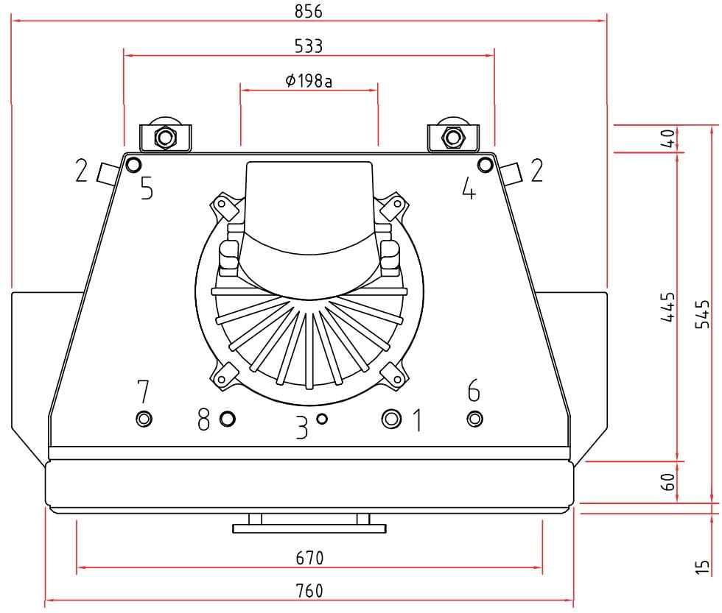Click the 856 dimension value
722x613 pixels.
tap(309, 11)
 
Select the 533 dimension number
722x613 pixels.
tap(309, 46)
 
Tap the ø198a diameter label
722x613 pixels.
tap(309, 81)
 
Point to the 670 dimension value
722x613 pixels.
tap(309, 558)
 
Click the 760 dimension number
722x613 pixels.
tap(309, 590)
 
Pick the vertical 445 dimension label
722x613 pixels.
tap(668, 307)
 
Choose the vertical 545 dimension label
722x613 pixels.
tap(703, 314)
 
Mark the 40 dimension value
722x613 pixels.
tap(668, 138)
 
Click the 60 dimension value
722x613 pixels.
tap(668, 481)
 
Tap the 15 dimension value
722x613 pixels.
tap(703, 567)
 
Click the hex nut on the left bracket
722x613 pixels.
tap(165, 137)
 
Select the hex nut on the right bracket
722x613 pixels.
tap(453, 137)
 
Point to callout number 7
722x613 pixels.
tap(143, 391)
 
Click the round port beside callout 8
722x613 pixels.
tap(228, 419)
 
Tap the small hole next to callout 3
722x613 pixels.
tap(323, 419)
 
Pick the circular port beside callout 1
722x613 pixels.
tap(391, 419)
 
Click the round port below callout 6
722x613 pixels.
tap(474, 419)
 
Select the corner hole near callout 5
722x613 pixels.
tap(133, 164)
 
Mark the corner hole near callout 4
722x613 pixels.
tap(486, 164)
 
